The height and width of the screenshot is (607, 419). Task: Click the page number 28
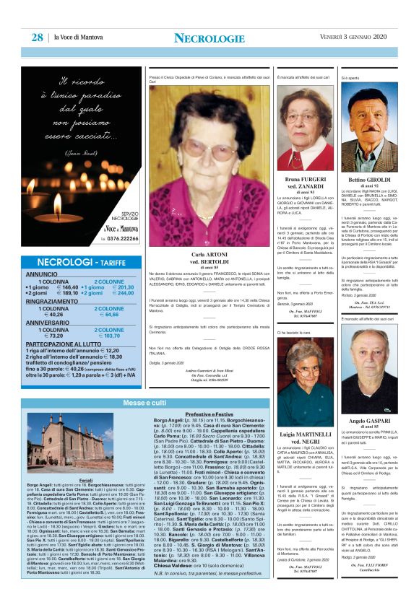point(35,38)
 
